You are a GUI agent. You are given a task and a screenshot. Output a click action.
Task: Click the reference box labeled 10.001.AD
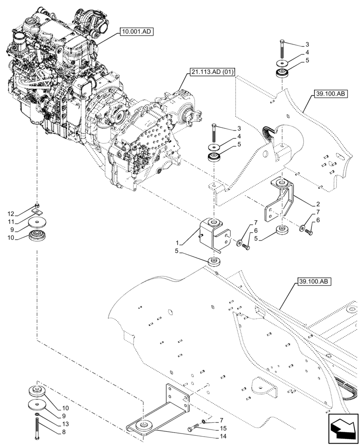pos(135,32)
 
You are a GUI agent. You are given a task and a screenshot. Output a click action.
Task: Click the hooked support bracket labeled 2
pos(279,201)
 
